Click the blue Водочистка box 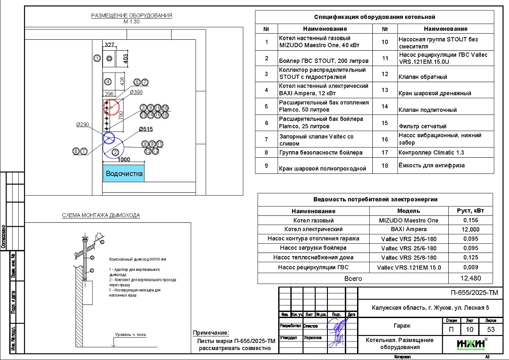pos(124,173)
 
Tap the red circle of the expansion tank pos(112,106)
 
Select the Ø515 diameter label pos(146,129)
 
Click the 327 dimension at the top pos(109,45)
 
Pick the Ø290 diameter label pos(83,125)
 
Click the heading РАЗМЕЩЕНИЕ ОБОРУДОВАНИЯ pos(131,16)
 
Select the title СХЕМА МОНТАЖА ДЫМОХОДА pos(100,215)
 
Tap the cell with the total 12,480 pos(471,278)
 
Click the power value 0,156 pos(471,221)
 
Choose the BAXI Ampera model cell pos(409,229)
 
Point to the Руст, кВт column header pos(471,211)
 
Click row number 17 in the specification pos(385,152)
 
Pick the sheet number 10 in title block pos(470,329)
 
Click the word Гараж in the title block pos(399,326)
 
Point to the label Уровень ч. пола pos(131,335)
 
